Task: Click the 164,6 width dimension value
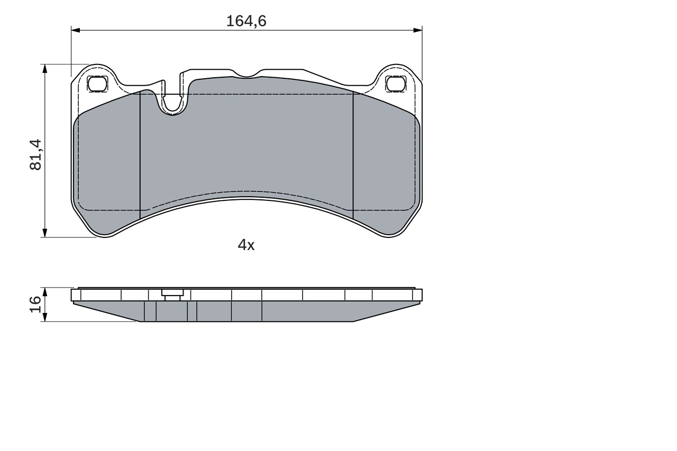246,21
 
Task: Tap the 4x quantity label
246,245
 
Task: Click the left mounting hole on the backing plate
97,84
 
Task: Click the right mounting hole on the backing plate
396,84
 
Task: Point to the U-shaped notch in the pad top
172,103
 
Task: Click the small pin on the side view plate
172,294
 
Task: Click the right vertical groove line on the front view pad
353,153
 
